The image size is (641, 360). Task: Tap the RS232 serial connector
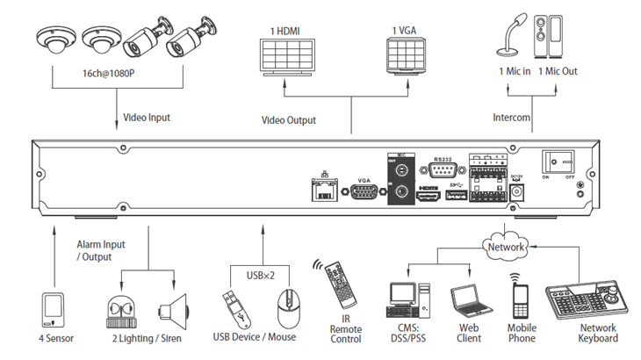(x=442, y=171)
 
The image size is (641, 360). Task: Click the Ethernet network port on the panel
(x=325, y=191)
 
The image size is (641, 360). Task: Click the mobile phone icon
(x=520, y=299)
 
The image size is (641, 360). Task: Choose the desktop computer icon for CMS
(x=406, y=299)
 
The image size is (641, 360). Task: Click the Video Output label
(x=289, y=119)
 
